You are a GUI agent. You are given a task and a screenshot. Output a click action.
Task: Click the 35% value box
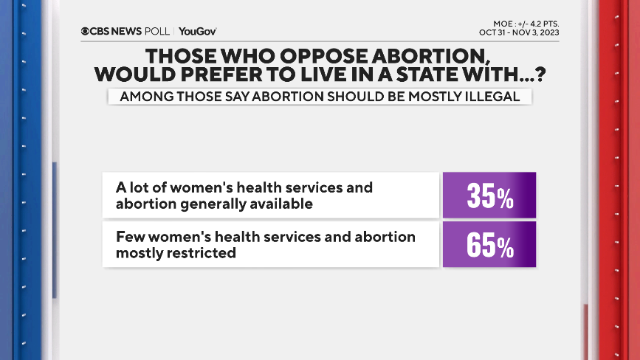(489, 195)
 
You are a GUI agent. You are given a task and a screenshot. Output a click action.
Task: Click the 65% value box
(489, 245)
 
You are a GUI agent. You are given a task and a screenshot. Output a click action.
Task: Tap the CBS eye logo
(86, 31)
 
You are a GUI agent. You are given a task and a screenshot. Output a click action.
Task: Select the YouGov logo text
(197, 31)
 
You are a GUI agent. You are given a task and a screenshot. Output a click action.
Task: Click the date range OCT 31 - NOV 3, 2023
(519, 32)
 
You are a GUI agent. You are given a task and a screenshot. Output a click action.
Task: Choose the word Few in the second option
(128, 237)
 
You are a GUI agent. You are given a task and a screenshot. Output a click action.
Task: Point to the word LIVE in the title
(337, 75)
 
